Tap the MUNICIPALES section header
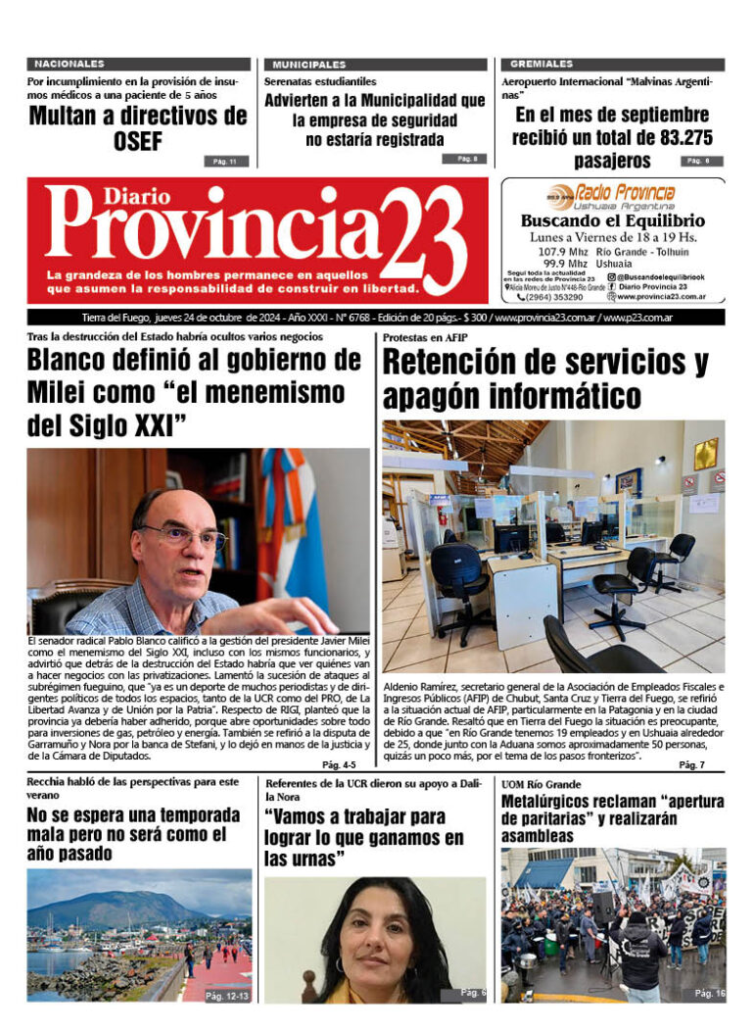(x=309, y=64)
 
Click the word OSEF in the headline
(x=137, y=143)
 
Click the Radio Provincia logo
(x=611, y=194)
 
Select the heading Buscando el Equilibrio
(x=613, y=221)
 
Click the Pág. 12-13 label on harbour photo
(x=227, y=995)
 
